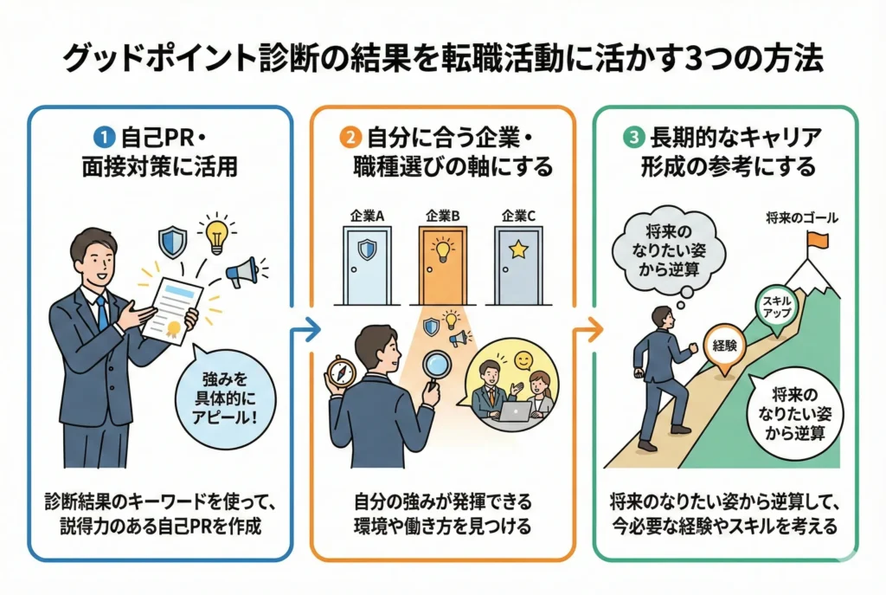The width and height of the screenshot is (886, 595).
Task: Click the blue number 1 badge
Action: [102, 136]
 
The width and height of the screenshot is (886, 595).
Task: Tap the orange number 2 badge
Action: [350, 136]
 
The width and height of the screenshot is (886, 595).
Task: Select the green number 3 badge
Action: [632, 136]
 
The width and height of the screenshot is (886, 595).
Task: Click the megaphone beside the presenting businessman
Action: [242, 274]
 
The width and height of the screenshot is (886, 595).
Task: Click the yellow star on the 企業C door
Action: [518, 251]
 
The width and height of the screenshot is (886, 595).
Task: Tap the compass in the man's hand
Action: [340, 373]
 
